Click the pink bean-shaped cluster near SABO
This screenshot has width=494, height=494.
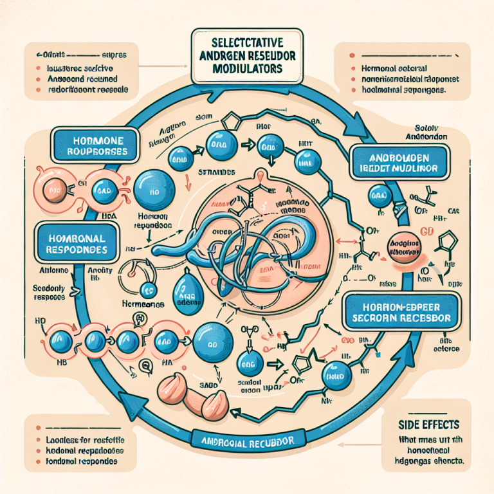193,393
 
